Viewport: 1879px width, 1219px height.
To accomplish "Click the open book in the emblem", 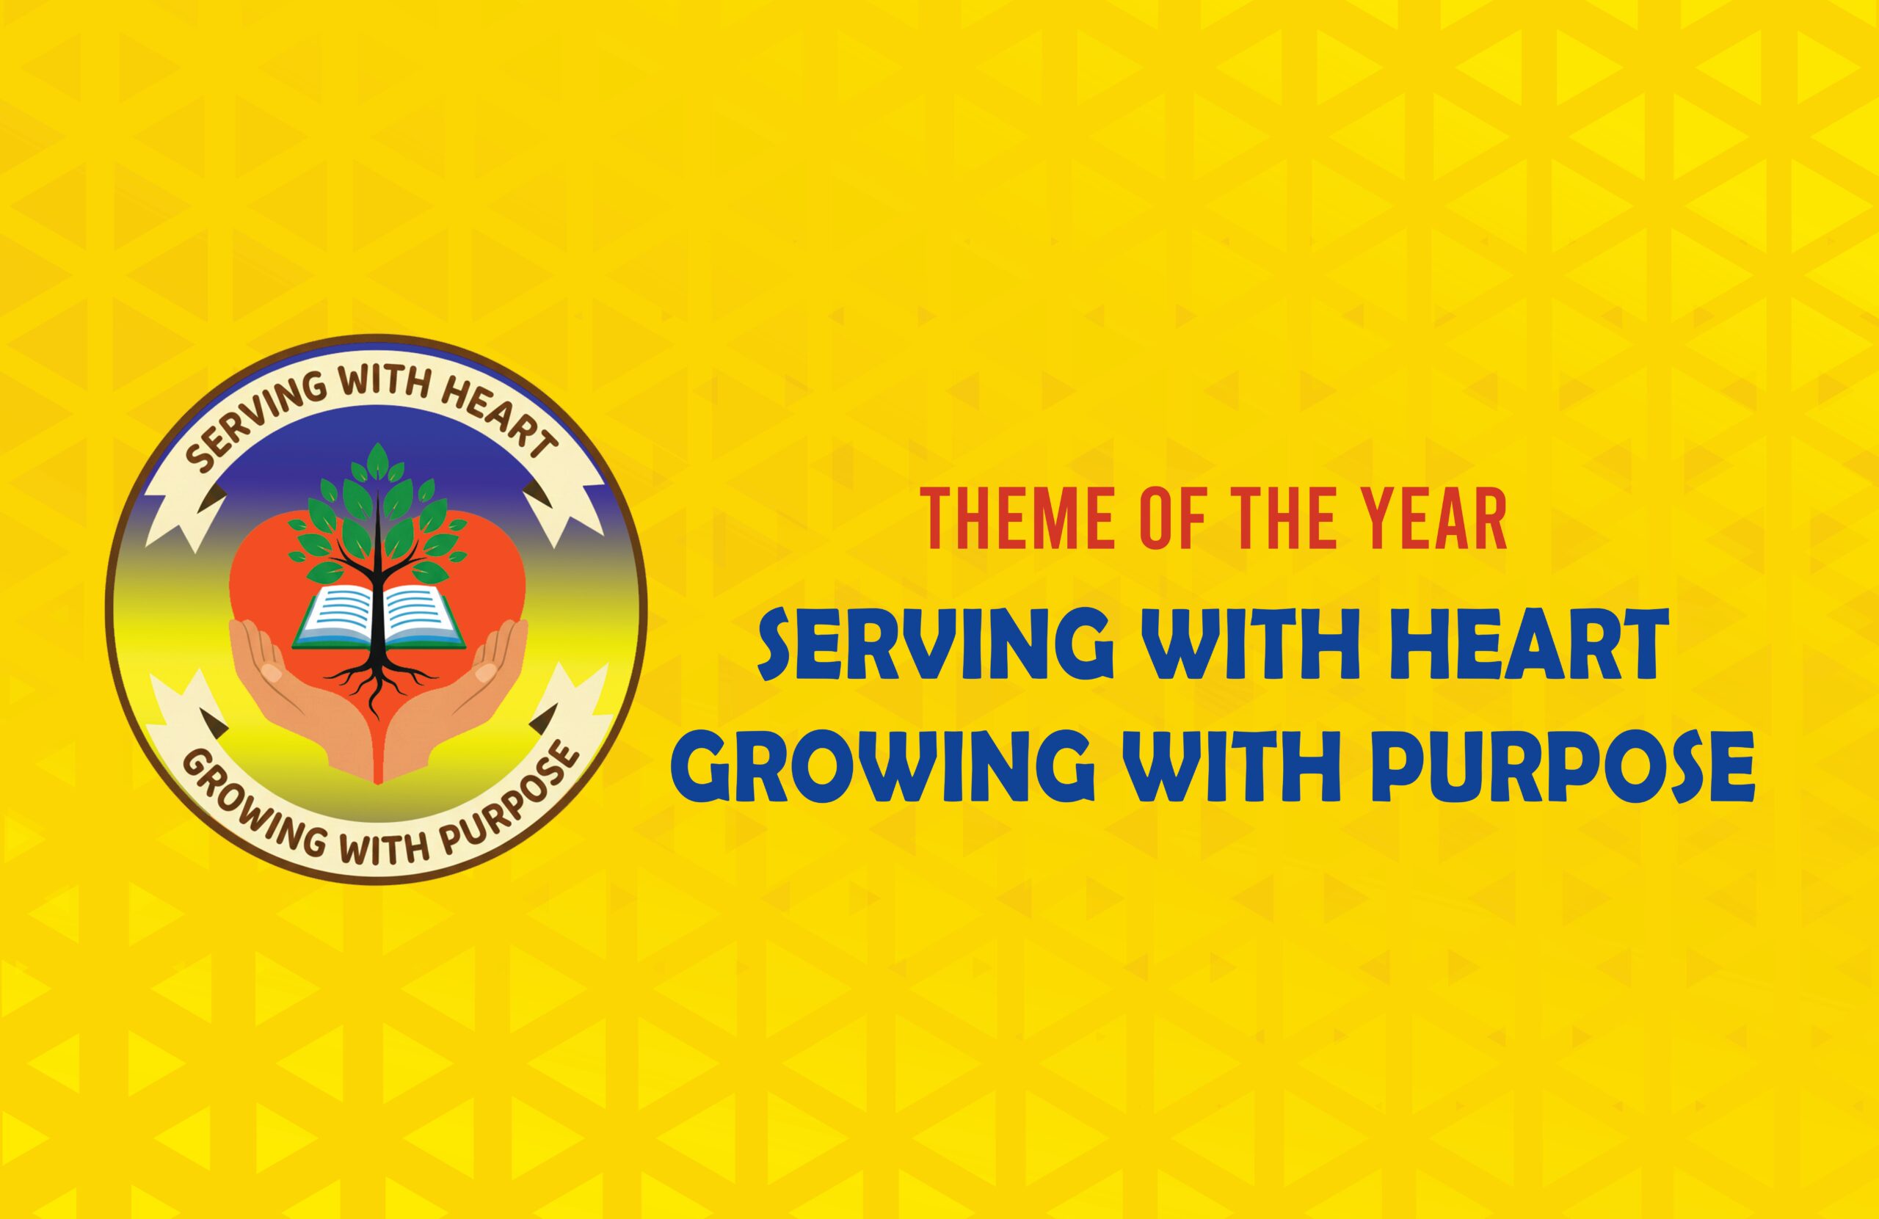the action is (x=377, y=613).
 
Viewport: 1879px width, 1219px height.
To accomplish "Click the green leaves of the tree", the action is (x=377, y=513).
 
